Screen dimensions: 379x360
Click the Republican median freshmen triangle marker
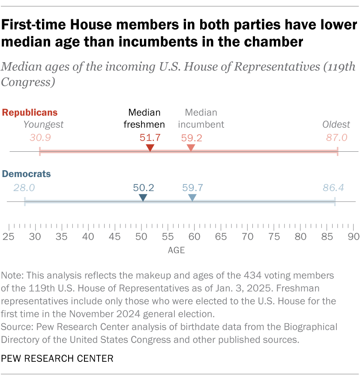(x=150, y=148)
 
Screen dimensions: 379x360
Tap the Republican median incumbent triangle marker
(x=191, y=148)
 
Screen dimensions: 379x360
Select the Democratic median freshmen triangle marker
(x=143, y=198)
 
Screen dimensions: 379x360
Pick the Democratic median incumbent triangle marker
(x=192, y=198)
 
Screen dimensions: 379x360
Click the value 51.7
(x=150, y=138)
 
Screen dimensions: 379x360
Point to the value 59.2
(x=191, y=138)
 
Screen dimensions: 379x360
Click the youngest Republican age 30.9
(x=41, y=138)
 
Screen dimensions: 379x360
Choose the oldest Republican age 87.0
(x=336, y=138)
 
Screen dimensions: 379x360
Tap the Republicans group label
(x=30, y=113)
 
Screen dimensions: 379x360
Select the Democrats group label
(x=27, y=174)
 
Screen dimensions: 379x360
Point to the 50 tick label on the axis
(x=141, y=236)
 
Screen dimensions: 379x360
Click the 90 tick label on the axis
(x=353, y=236)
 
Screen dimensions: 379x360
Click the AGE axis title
(x=176, y=250)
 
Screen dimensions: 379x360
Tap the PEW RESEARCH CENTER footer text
(x=57, y=358)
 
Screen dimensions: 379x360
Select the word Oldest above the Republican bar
(x=336, y=125)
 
